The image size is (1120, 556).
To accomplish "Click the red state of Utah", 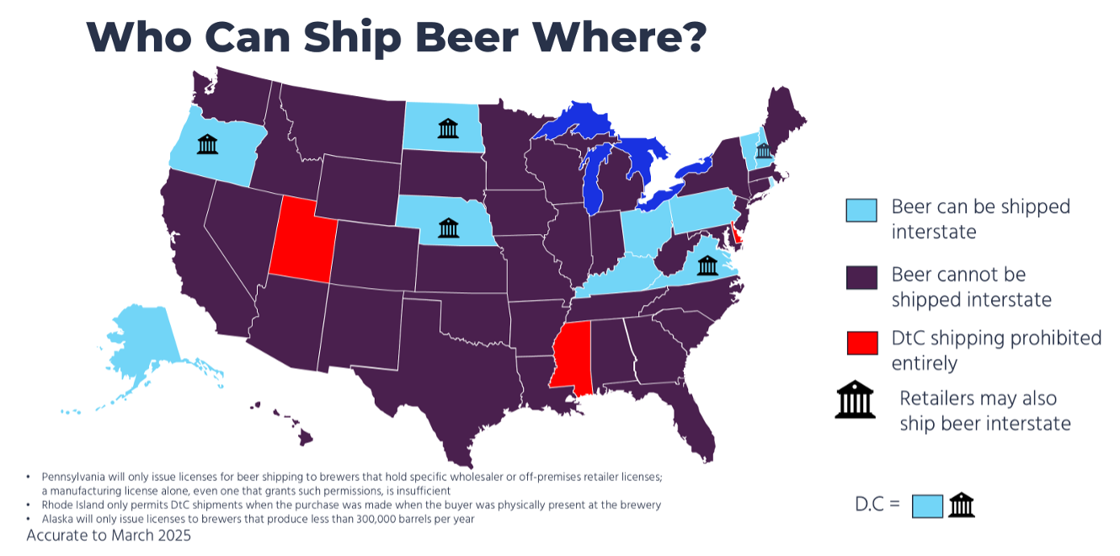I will pos(301,240).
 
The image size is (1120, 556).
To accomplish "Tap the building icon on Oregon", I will pos(207,144).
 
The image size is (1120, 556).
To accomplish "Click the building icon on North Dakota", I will pos(448,128).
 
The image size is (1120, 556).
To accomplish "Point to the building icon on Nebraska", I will pos(448,227).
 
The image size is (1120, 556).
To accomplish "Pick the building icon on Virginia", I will pos(707,266).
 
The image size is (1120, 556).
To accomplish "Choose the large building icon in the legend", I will pos(856,400).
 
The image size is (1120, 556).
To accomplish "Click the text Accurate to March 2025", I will pos(109,535).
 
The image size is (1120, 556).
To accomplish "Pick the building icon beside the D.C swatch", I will pos(961,505).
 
